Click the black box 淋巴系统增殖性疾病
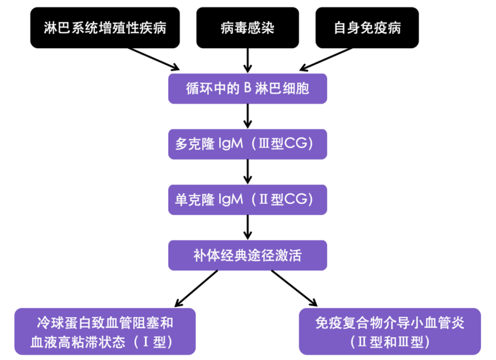pos(105,29)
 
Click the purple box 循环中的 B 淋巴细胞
pos(247,89)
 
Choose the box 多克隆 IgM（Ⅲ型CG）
pos(247,144)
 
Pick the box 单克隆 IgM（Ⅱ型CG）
pos(247,199)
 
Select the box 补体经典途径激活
pos(247,254)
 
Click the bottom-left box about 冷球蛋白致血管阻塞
pos(105,331)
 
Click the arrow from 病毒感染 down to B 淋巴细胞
pos(247,60)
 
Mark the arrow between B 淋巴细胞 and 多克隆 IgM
pos(247,116)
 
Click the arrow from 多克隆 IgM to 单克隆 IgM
pos(247,171)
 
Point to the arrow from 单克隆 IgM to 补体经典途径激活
pos(247,227)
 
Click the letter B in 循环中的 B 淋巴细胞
pos(247,89)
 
